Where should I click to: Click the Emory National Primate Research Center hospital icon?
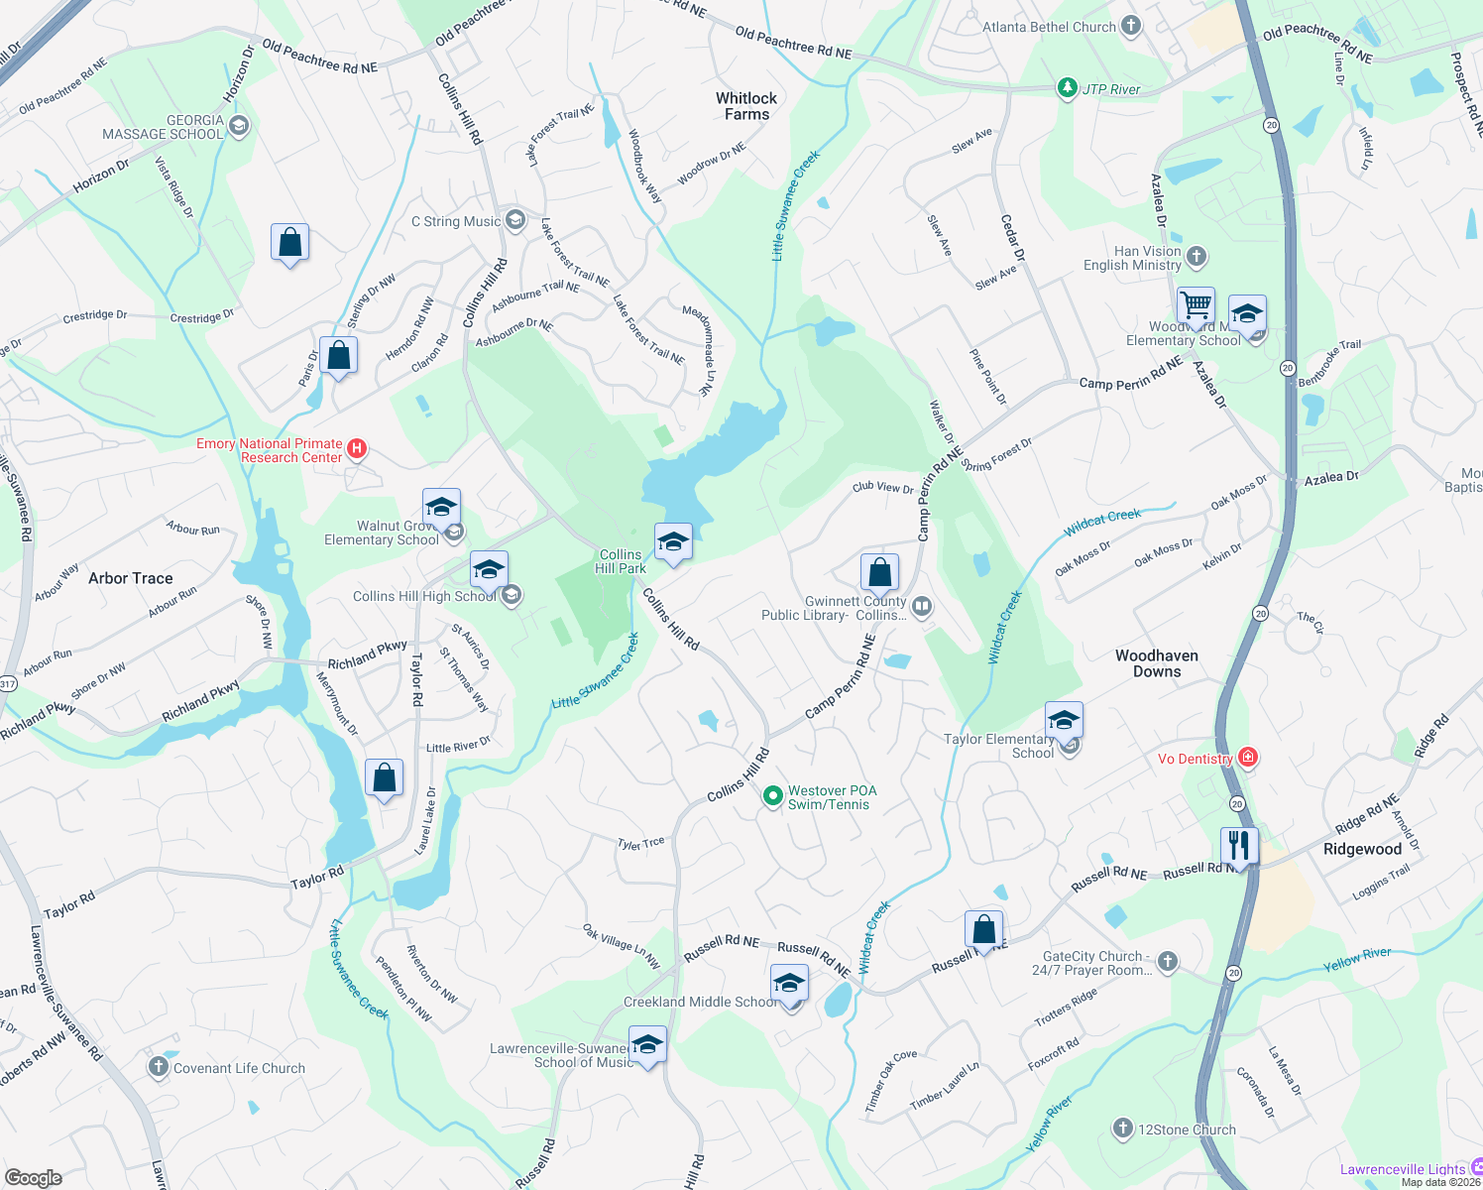[357, 449]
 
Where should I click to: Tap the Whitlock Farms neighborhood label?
[746, 106]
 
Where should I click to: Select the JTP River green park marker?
[1067, 88]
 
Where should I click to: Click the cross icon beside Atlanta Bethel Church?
[1131, 27]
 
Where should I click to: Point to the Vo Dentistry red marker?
[1248, 759]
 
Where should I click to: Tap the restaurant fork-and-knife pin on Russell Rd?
[1238, 846]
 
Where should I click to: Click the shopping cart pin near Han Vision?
[1197, 306]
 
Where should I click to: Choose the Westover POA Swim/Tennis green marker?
[772, 796]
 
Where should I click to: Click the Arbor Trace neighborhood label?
[130, 578]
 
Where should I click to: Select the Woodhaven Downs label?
[1156, 663]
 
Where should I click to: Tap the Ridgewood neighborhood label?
[1362, 849]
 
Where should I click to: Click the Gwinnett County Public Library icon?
[922, 606]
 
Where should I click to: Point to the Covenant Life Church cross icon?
[158, 1067]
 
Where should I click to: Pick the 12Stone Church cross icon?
[1122, 1129]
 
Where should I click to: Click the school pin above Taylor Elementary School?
[1063, 721]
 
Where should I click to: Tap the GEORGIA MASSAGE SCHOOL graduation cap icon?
[238, 126]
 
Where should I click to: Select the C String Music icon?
[514, 220]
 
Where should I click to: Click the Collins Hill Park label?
[621, 561]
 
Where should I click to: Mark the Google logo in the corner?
[34, 1177]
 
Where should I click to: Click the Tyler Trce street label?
[640, 844]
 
